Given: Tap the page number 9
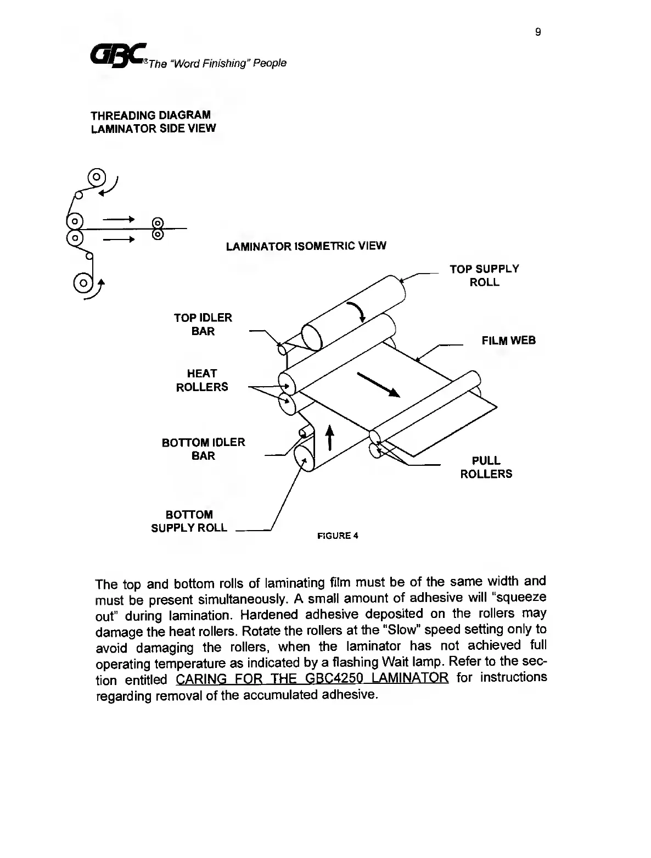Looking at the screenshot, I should [538, 32].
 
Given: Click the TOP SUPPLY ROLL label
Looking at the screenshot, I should [484, 275].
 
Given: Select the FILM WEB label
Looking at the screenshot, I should [508, 341].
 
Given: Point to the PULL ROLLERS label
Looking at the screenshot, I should [486, 467].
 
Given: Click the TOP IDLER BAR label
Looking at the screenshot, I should [203, 324].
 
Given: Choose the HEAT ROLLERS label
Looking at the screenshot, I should [201, 380].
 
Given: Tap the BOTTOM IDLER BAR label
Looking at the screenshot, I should [203, 449].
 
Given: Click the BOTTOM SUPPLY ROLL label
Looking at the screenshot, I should [189, 521].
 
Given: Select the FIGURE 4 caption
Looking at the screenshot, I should [338, 536].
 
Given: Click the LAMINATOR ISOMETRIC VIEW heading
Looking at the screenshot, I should [306, 246].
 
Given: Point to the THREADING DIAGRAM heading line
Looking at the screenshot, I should [150, 115].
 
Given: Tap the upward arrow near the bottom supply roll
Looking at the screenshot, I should [330, 438].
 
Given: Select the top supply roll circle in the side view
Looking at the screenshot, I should [97, 177].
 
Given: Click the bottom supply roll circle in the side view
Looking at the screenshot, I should [83, 283].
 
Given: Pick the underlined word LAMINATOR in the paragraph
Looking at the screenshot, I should [409, 678].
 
